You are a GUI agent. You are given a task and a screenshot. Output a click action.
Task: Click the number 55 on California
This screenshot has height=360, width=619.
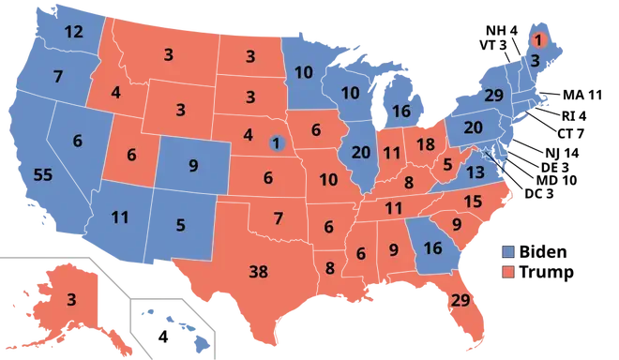click(42, 174)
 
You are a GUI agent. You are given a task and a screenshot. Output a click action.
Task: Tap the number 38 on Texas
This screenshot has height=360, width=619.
click(259, 273)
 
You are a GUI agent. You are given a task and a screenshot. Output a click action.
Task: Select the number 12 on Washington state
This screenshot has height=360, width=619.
click(74, 32)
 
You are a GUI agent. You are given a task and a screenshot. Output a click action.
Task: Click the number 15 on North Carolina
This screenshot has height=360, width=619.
click(473, 202)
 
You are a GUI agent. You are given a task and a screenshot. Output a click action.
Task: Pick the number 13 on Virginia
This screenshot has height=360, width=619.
click(476, 171)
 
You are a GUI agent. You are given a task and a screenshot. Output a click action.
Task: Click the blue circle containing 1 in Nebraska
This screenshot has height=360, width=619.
click(276, 143)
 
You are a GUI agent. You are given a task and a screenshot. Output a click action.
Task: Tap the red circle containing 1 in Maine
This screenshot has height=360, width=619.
click(538, 39)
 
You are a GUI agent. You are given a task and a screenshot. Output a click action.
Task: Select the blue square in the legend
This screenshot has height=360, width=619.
click(508, 252)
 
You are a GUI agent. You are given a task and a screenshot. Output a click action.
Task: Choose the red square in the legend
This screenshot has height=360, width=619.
click(508, 272)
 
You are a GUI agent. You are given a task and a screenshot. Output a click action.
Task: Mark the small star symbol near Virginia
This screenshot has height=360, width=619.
click(485, 152)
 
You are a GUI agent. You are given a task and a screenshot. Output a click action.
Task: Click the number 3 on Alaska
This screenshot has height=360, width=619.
click(70, 301)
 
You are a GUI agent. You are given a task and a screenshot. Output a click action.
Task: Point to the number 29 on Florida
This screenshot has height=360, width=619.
click(460, 300)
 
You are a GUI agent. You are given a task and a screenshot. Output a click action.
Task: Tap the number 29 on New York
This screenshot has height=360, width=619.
click(494, 96)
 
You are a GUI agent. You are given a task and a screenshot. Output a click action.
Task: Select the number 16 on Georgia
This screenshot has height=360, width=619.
click(431, 248)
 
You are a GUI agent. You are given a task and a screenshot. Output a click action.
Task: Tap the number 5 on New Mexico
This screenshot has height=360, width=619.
click(181, 225)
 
